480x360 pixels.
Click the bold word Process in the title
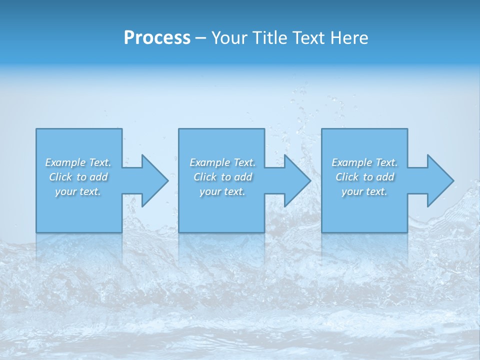click(x=157, y=38)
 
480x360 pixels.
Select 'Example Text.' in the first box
click(x=78, y=162)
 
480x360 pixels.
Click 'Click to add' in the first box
click(x=78, y=177)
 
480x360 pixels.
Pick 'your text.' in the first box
click(x=78, y=191)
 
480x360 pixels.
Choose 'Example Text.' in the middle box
click(x=222, y=162)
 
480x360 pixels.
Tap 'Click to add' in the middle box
click(x=222, y=177)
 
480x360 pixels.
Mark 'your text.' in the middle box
click(x=222, y=191)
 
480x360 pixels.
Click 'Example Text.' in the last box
click(x=364, y=162)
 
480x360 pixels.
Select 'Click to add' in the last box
click(x=364, y=177)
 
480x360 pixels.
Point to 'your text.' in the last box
click(x=364, y=191)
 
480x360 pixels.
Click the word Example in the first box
click(x=65, y=162)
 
